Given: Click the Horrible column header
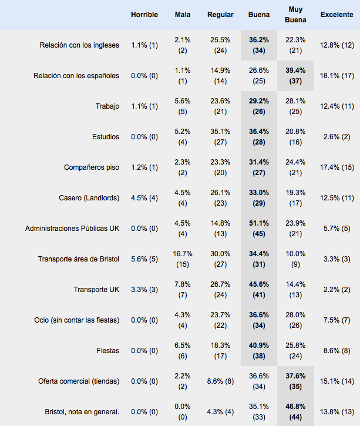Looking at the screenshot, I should click(x=144, y=15).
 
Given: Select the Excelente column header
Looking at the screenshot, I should click(x=337, y=15).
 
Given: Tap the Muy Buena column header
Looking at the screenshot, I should click(x=295, y=15).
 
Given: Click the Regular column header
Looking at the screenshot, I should click(x=220, y=15).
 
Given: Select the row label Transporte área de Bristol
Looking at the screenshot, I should click(x=79, y=259).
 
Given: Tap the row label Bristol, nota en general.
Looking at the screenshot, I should click(x=82, y=412).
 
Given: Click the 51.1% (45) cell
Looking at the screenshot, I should click(x=259, y=229).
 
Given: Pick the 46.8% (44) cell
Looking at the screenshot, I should click(x=295, y=412).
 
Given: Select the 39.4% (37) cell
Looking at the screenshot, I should click(x=295, y=76).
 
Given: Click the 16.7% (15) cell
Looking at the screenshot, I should click(x=183, y=259).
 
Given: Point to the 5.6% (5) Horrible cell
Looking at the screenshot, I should click(x=144, y=259).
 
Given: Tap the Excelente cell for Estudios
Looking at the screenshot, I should click(x=337, y=137).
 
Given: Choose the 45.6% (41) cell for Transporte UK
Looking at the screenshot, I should click(x=259, y=290).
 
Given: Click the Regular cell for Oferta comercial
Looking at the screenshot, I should click(x=220, y=381).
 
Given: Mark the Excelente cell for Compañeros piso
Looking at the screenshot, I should click(x=337, y=167).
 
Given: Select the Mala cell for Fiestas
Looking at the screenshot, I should click(x=183, y=351).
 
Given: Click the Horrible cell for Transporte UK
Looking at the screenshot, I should click(x=144, y=290).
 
